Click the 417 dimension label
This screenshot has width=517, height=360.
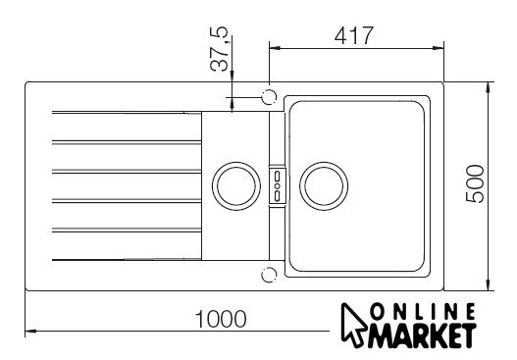[354, 35]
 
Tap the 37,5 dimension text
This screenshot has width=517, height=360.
[219, 48]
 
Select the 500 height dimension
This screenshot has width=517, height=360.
[475, 183]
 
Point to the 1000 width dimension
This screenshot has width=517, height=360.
[221, 319]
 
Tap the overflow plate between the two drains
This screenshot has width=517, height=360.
[278, 186]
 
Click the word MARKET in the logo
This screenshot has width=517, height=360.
[422, 335]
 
